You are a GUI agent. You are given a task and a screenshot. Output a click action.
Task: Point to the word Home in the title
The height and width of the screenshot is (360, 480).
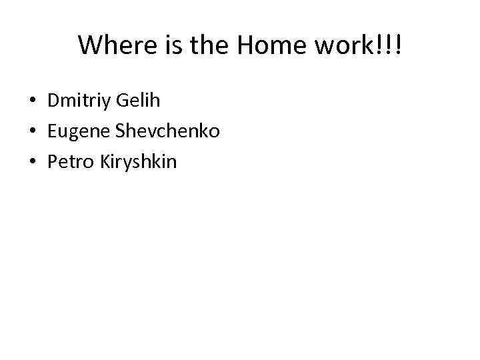click(x=261, y=45)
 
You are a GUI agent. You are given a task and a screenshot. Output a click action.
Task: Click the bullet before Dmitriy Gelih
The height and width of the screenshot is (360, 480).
click(x=33, y=102)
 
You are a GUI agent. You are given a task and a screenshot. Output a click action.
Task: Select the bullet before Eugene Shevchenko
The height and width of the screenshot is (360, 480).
click(x=33, y=131)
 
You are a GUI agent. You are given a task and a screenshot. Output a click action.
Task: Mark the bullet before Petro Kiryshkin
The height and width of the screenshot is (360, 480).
click(x=33, y=161)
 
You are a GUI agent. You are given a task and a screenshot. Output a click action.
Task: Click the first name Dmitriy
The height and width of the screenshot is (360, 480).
click(x=79, y=101)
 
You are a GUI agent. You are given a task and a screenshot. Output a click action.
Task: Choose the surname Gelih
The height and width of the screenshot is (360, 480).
click(x=138, y=101)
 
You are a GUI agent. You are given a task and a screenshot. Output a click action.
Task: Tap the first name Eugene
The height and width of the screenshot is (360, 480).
click(x=79, y=131)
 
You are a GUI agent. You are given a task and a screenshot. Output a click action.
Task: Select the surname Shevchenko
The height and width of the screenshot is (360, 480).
click(x=167, y=131)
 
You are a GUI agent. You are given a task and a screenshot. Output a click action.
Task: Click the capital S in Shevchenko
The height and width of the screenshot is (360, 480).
click(x=120, y=131)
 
